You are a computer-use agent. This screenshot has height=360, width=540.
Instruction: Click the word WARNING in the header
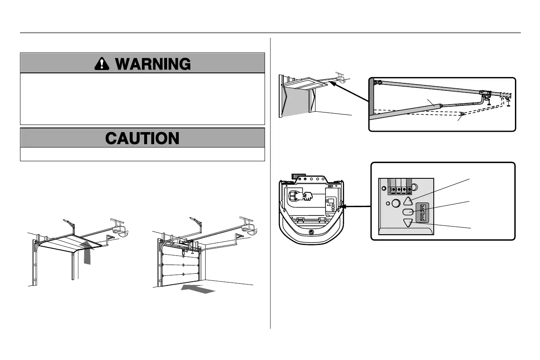153,63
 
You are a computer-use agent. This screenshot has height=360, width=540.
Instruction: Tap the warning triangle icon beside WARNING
101,63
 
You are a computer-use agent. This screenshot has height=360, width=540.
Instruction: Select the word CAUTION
142,138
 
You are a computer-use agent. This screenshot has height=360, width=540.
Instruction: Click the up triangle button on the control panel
408,201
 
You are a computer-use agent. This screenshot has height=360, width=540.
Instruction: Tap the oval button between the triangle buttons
408,212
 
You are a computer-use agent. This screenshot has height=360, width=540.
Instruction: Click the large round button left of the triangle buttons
396,204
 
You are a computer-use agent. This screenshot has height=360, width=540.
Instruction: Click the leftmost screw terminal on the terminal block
393,189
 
